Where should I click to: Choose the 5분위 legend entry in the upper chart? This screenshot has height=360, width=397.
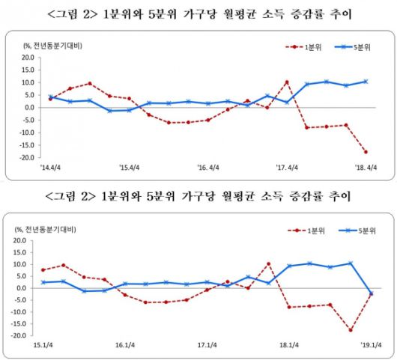click(361, 48)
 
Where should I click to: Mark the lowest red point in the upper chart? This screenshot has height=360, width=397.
click(366, 152)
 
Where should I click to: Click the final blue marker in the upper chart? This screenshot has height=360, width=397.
click(366, 82)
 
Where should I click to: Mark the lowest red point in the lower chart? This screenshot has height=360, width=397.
click(351, 330)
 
